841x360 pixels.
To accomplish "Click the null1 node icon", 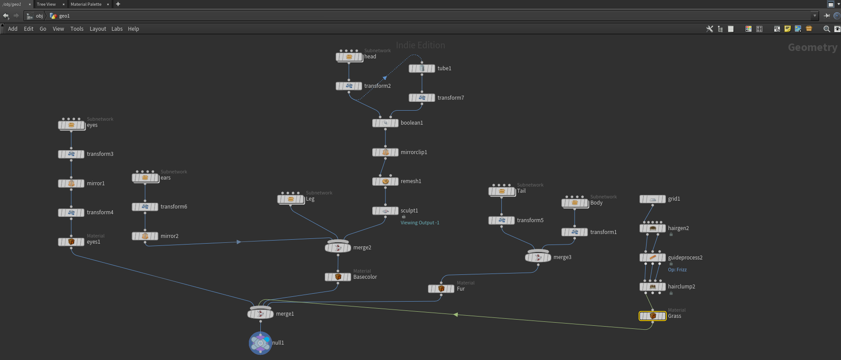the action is (260, 343).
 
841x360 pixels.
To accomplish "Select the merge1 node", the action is (261, 313).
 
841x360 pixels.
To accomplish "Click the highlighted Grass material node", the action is (653, 316).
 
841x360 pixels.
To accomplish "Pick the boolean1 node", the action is (385, 123).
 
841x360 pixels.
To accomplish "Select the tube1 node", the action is (422, 68).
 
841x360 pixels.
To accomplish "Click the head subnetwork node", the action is (349, 57).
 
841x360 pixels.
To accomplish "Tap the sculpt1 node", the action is (385, 211).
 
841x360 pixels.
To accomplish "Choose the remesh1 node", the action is (385, 181).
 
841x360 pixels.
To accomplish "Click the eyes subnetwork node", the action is (72, 125).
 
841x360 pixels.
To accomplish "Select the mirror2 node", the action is (145, 236).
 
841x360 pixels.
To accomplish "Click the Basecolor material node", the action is (338, 277).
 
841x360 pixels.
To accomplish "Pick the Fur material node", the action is (441, 289).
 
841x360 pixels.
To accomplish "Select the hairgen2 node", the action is (653, 228).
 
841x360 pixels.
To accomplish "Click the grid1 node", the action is (653, 199).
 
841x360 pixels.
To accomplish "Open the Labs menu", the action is (117, 29).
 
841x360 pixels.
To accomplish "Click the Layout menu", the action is (98, 29).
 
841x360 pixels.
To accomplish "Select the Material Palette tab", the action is (86, 4).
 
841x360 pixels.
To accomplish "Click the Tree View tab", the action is (46, 4).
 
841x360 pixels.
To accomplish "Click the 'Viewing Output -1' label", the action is (420, 223).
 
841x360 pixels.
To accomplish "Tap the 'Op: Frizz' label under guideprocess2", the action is (677, 270).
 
